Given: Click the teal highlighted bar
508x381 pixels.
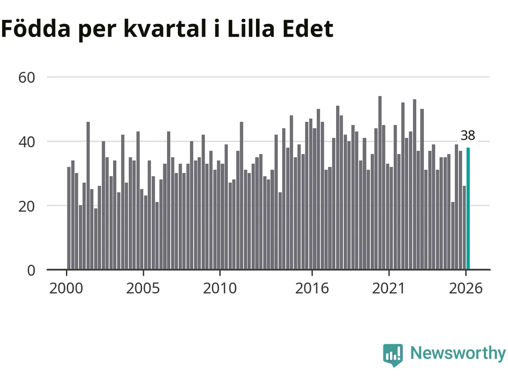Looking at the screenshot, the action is point(468,208).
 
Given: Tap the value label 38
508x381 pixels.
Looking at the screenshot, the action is point(468,135).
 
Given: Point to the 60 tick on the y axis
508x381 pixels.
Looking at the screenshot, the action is point(27,77).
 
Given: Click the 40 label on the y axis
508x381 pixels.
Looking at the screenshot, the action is point(27,142).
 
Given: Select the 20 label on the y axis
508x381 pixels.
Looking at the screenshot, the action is point(27,207).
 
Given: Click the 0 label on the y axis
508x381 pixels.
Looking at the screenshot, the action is point(31,270).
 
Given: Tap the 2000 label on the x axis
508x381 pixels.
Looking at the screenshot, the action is point(66,289).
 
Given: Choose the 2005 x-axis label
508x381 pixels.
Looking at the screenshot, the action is point(143,289).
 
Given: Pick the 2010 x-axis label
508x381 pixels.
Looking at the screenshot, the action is point(220,289).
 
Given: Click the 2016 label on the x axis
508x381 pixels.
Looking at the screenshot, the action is point(312,289).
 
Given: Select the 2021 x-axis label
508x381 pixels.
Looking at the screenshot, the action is point(389,289).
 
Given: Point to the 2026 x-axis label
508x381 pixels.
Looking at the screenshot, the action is point(466,289).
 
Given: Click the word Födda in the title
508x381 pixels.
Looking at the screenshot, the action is point(36,28).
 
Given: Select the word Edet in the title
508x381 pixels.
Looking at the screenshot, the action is point(308,29).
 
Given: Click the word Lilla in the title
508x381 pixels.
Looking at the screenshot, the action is point(251,28).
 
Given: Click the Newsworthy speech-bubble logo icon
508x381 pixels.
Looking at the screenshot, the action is point(393,355).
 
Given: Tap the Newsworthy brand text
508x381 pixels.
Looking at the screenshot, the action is point(458,353).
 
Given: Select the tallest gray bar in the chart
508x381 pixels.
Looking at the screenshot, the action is point(380,183).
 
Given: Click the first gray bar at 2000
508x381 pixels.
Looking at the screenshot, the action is point(69,218).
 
